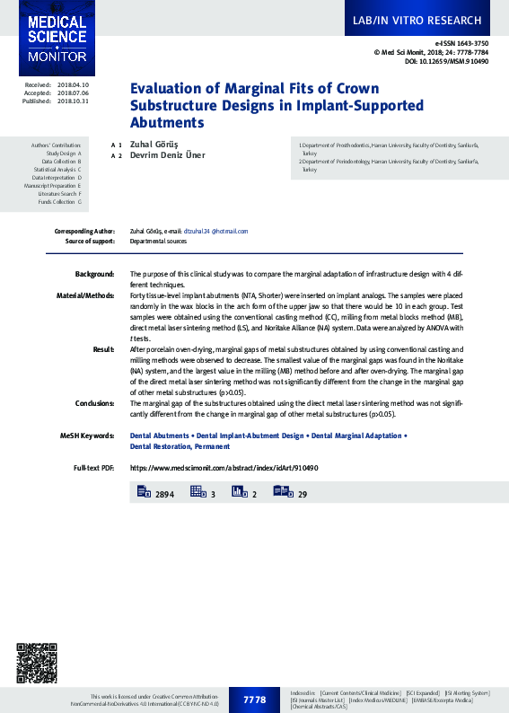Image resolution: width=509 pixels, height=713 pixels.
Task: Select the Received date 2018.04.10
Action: [73, 84]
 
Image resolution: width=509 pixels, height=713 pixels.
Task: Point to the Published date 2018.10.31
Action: [73, 101]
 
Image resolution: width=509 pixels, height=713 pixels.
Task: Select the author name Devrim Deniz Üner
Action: [168, 155]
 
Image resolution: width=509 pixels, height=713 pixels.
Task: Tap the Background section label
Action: [94, 273]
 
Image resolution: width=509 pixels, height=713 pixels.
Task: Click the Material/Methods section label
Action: [85, 295]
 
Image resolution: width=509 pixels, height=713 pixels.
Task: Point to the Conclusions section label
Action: [94, 403]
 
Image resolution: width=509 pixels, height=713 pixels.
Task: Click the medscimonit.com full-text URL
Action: [224, 469]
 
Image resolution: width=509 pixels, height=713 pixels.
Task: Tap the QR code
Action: [37, 664]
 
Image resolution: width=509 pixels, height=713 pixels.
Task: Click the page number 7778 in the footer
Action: [255, 700]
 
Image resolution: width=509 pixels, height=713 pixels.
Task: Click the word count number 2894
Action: [164, 494]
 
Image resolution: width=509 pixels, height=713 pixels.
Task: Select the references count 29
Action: [303, 494]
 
